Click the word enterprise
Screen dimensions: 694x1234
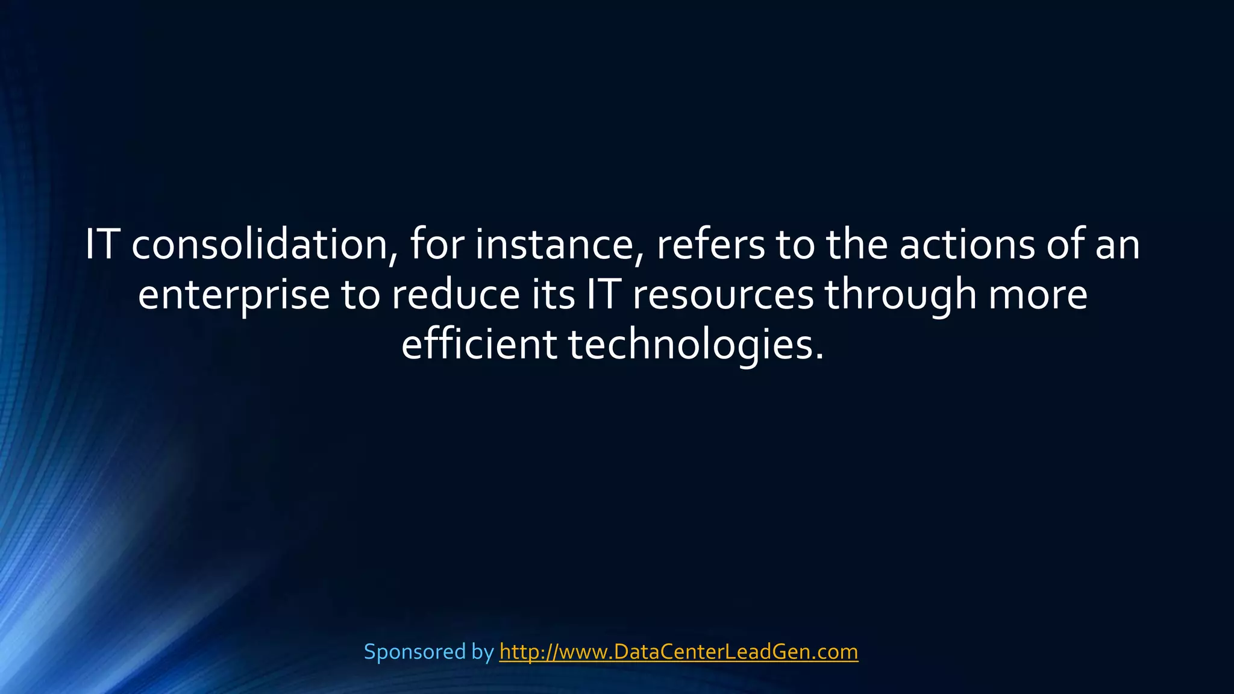[234, 295]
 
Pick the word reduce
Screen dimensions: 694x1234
[455, 295]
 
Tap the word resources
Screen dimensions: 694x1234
[722, 295]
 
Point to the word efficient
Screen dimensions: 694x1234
[479, 345]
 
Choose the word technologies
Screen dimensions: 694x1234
[695, 345]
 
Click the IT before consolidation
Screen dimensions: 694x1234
[101, 245]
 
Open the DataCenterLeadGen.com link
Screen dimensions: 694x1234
[678, 652]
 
